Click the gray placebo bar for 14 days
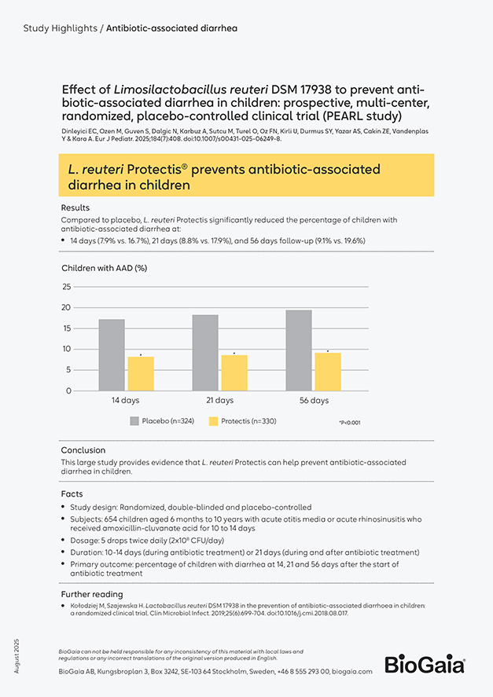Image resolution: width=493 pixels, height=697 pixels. pos(112,355)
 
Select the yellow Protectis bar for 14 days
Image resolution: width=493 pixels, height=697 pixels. pos(141,374)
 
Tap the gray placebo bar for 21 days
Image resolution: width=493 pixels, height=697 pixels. pos(205,353)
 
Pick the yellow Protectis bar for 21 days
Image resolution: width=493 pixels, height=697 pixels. pos(234,373)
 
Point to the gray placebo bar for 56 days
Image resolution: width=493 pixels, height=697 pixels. pos(299,350)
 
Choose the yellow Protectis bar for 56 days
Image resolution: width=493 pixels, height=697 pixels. pos(328,372)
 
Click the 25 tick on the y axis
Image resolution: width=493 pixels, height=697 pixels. pos(67,287)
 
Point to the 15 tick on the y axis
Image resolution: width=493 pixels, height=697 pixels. pos(67,328)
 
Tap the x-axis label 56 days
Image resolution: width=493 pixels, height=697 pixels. pos(315,401)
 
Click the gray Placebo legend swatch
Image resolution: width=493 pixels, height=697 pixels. pos(134,421)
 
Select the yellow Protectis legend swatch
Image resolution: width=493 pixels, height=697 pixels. pos(214,421)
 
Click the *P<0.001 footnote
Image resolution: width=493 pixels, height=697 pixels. pos(350,423)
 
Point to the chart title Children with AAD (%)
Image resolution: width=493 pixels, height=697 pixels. pos(104,268)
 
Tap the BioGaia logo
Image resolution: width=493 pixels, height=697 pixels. pos(425,664)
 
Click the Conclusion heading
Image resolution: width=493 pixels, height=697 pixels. pos(83,450)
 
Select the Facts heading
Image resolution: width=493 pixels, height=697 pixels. pos(72,493)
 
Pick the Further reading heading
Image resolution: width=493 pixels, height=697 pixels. pos(92,594)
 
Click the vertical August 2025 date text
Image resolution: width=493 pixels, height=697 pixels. pos(17,656)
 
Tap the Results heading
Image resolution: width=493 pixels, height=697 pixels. pos(75,207)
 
